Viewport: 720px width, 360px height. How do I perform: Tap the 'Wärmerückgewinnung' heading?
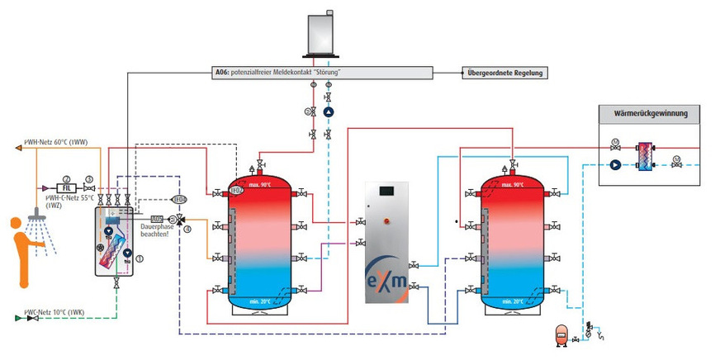[649, 113]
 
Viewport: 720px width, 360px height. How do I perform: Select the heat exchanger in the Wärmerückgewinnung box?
[642, 156]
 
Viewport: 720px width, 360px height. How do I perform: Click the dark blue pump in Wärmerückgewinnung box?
[615, 163]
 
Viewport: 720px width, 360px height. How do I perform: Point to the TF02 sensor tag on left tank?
[236, 191]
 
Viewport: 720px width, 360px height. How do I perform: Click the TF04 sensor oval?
[179, 199]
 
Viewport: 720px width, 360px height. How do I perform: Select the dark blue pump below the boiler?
[328, 111]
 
